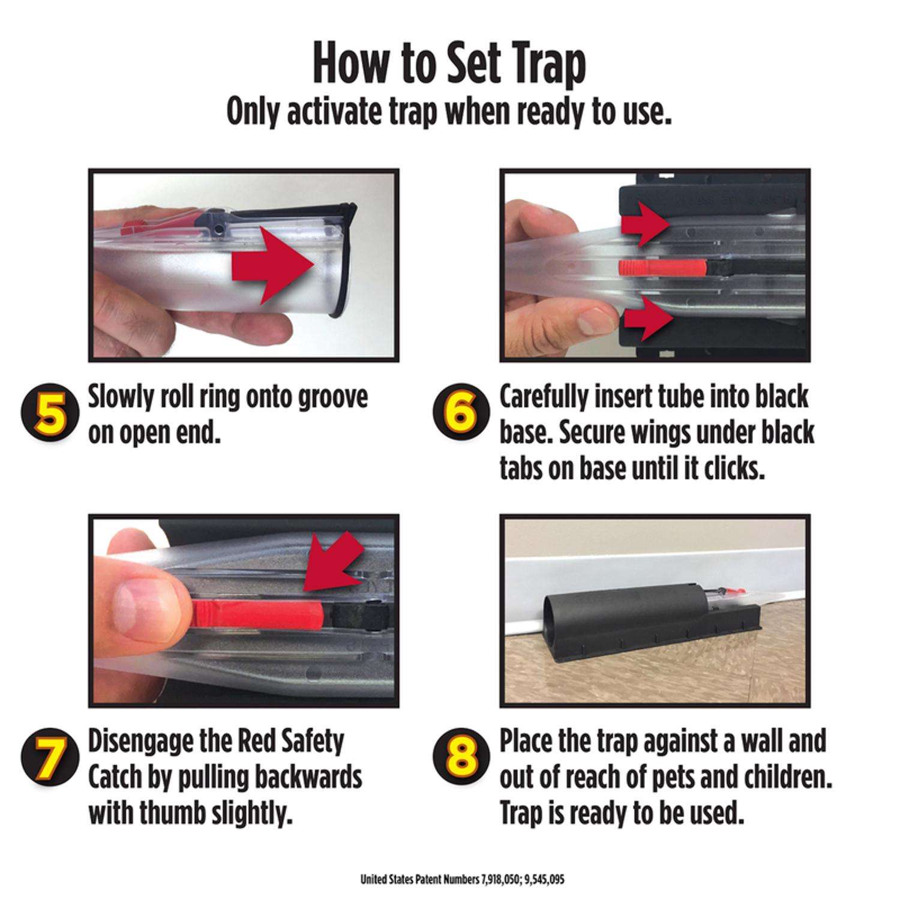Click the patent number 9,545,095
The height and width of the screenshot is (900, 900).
543,879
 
